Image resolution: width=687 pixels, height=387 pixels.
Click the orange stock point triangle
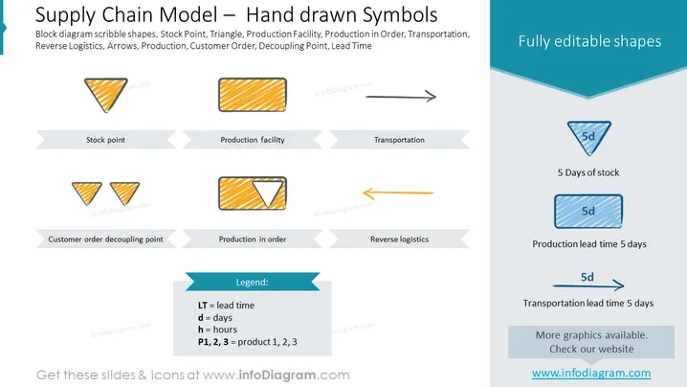[105, 92]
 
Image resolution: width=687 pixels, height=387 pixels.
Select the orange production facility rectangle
[253, 95]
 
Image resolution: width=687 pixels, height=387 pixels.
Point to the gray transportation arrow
[401, 97]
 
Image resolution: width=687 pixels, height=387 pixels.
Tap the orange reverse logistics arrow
[398, 193]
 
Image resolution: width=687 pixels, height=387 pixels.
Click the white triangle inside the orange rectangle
[268, 192]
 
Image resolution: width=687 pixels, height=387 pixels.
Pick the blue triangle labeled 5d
[588, 135]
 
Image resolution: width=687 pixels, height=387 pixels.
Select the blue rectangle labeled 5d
[588, 212]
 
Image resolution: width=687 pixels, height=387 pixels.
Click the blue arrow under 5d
[588, 285]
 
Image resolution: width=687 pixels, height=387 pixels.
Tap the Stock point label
[105, 140]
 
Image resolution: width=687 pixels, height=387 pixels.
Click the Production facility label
[253, 140]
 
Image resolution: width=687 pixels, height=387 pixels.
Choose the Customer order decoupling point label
[105, 239]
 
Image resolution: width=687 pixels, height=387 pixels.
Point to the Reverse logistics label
[399, 239]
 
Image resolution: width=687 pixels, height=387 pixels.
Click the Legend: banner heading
[253, 283]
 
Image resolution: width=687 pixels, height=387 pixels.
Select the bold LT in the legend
[203, 306]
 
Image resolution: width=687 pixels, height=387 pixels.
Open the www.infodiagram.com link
[591, 373]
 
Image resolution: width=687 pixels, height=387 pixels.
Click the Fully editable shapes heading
[589, 41]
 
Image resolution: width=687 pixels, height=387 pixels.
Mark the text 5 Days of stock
[588, 172]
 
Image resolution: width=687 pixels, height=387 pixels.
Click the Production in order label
[253, 239]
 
